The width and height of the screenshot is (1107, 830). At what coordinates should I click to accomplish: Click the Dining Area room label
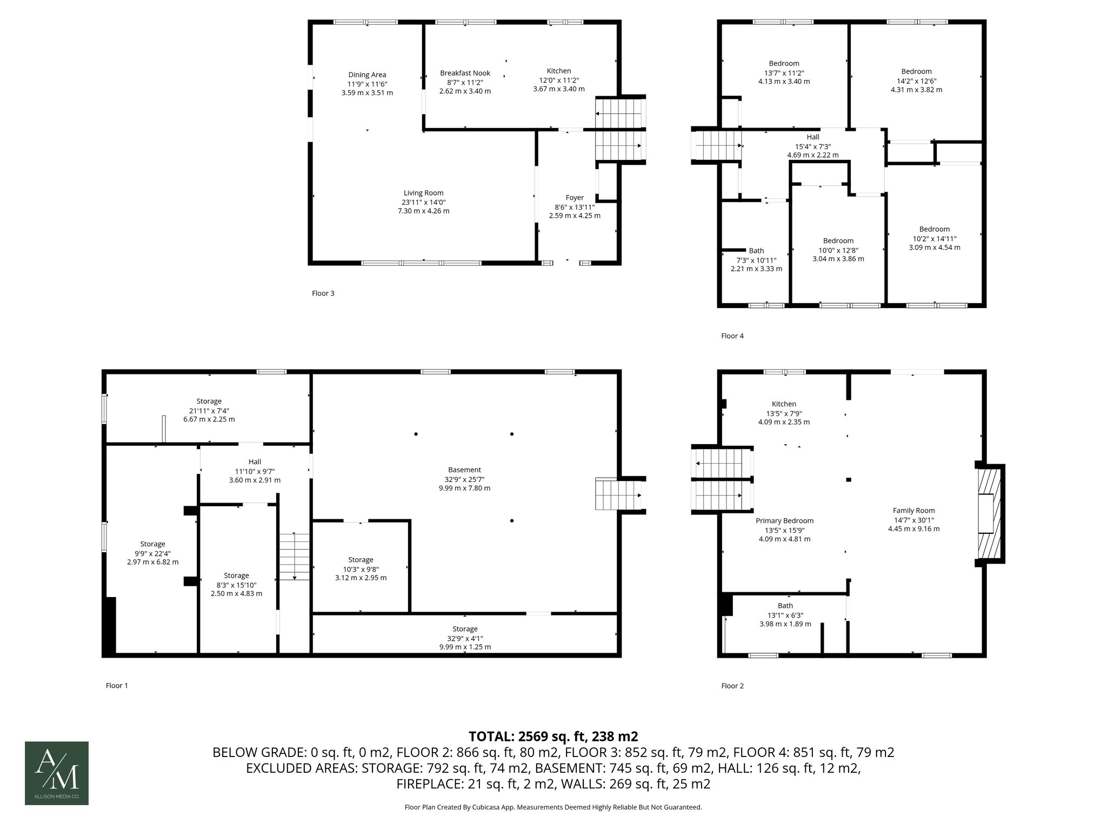pyautogui.click(x=367, y=75)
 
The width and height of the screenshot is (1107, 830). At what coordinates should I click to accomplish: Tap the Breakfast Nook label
pyautogui.click(x=465, y=73)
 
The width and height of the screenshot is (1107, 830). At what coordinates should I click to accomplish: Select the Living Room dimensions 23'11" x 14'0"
pyautogui.click(x=423, y=202)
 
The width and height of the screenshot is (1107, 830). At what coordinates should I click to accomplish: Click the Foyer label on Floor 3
pyautogui.click(x=575, y=198)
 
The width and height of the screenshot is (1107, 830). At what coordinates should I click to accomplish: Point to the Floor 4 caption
pyautogui.click(x=732, y=336)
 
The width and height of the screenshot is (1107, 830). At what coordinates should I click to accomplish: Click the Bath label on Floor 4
pyautogui.click(x=756, y=251)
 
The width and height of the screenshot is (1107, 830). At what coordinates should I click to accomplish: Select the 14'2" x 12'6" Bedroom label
pyautogui.click(x=916, y=71)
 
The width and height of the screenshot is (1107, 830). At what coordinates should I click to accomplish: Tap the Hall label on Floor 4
pyautogui.click(x=813, y=137)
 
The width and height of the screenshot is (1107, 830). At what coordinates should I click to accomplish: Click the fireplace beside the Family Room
pyautogui.click(x=990, y=514)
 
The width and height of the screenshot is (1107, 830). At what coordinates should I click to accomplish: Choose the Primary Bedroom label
pyautogui.click(x=784, y=521)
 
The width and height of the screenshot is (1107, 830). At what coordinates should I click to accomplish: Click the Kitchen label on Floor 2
pyautogui.click(x=784, y=404)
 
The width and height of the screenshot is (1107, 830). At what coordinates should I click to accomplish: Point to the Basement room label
pyautogui.click(x=464, y=470)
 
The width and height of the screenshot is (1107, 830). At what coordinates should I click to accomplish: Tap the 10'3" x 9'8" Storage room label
pyautogui.click(x=361, y=560)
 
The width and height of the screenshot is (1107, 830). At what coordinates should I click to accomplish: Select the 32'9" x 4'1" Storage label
pyautogui.click(x=465, y=629)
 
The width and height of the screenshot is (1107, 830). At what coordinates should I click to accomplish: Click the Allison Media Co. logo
pyautogui.click(x=57, y=773)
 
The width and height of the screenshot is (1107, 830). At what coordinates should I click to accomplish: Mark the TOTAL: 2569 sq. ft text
pyautogui.click(x=552, y=737)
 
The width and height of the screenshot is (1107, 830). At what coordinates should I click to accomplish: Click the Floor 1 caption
pyautogui.click(x=117, y=686)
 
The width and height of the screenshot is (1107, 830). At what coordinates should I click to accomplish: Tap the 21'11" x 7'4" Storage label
pyautogui.click(x=209, y=401)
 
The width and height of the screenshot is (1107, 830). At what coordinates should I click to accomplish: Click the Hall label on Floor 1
pyautogui.click(x=255, y=462)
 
